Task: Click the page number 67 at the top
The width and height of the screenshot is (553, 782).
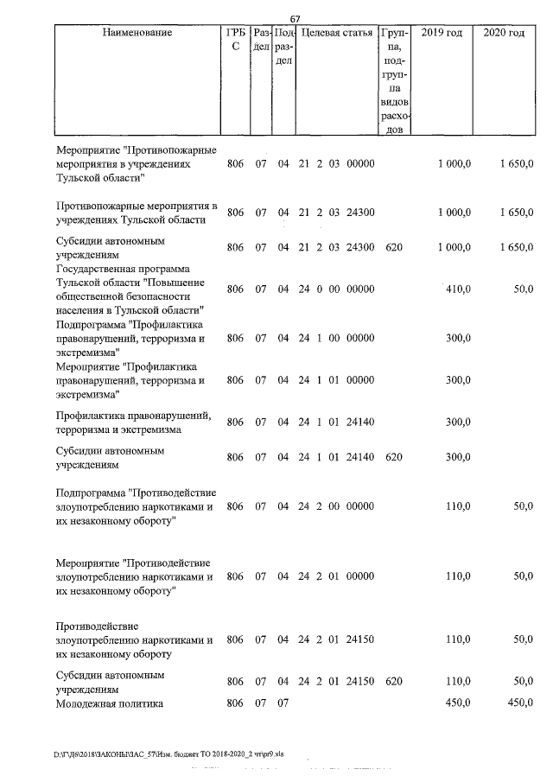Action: tap(295, 19)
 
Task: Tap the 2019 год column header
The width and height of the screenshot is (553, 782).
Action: tap(441, 33)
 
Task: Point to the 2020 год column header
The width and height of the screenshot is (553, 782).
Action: tap(504, 33)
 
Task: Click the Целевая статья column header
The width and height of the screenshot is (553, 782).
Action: tap(336, 33)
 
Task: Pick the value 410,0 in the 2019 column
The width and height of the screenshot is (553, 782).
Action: tap(457, 290)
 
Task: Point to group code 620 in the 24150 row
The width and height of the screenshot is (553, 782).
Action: tap(394, 682)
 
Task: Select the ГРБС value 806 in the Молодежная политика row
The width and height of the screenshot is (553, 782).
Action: tap(236, 703)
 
